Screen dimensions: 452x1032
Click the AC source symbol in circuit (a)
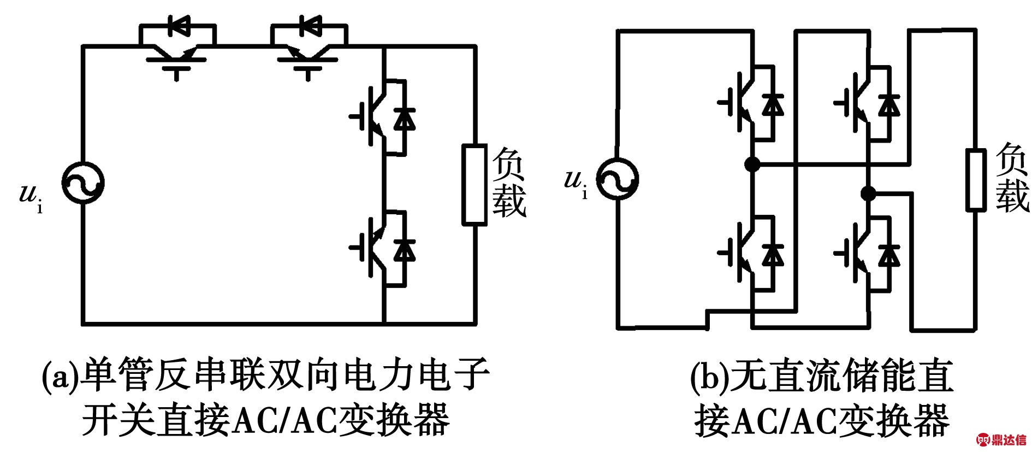82,184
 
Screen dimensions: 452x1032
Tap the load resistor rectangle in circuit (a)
475,185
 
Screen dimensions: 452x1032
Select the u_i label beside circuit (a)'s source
31,197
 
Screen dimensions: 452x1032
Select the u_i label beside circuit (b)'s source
576,183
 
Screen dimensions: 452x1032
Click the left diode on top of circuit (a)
178,26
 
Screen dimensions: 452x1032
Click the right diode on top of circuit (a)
309,26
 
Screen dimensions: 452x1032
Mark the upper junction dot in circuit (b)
752,163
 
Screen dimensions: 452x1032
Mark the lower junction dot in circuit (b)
868,193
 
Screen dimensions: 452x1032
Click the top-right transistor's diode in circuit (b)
889,104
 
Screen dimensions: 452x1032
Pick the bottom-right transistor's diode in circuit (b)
889,254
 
